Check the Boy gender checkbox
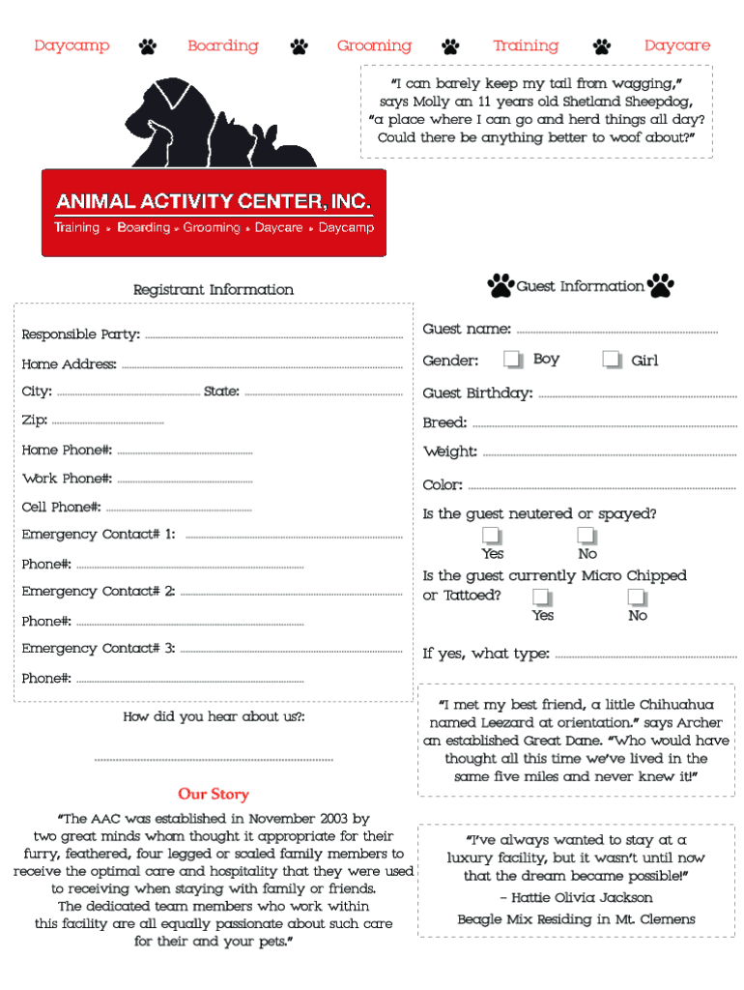512,360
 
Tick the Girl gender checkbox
611,360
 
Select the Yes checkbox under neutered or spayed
492,536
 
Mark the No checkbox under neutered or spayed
587,536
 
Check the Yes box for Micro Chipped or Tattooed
542,597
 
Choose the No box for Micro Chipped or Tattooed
637,597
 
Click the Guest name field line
617,331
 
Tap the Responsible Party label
80,335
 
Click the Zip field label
34,421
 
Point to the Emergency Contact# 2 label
98,592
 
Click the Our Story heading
214,794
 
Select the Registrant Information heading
214,290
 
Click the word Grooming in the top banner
374,45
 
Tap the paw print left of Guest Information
501,285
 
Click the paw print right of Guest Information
661,285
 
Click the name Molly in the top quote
431,102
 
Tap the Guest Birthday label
477,393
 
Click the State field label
221,392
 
